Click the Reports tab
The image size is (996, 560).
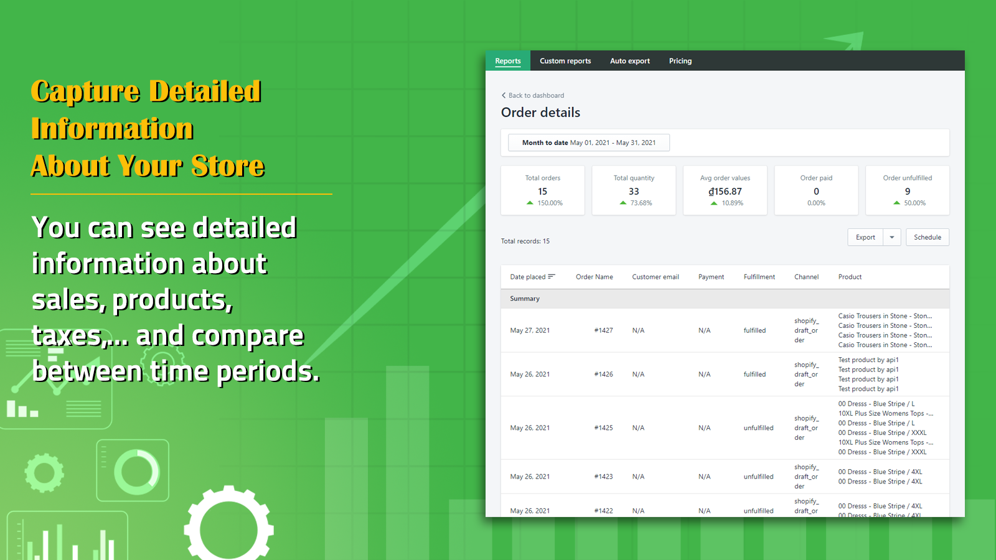click(x=508, y=61)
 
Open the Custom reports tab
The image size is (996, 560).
click(x=565, y=61)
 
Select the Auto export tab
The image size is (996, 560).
click(x=630, y=61)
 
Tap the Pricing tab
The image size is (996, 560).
click(x=680, y=61)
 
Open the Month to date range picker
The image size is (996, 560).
click(x=589, y=142)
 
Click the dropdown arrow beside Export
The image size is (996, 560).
click(x=892, y=237)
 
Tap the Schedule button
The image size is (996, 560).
click(x=927, y=237)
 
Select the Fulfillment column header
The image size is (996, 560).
click(x=759, y=277)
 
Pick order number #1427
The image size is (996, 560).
click(x=603, y=330)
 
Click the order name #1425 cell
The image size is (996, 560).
click(x=603, y=428)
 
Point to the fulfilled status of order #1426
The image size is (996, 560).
click(x=754, y=375)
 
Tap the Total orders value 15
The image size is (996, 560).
click(x=543, y=192)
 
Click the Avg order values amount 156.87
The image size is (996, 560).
click(x=725, y=192)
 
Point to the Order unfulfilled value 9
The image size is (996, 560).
click(x=908, y=192)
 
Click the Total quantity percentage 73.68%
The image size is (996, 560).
click(x=641, y=203)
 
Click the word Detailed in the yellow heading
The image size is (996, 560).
click(x=205, y=91)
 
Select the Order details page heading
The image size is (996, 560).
click(x=540, y=113)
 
